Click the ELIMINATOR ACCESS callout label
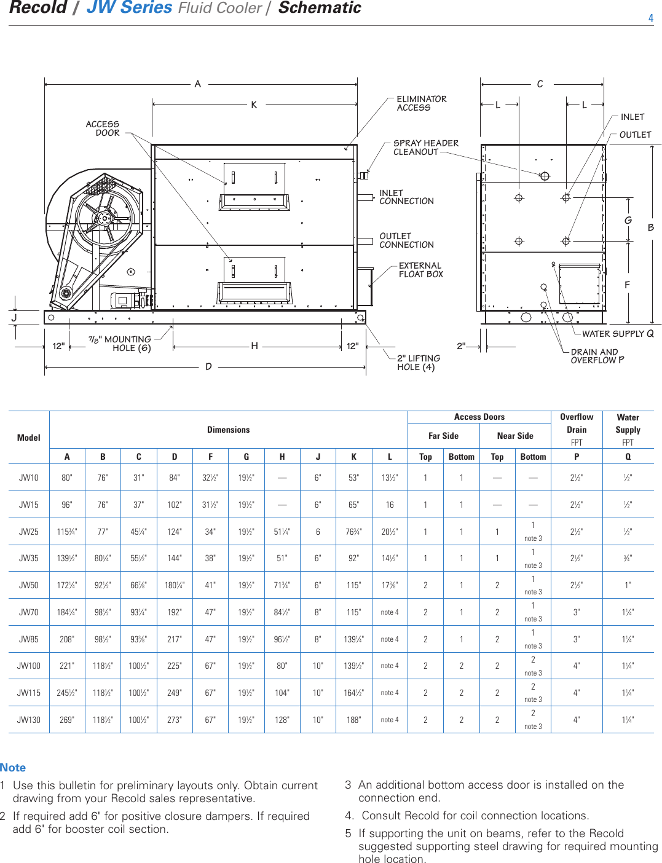pyautogui.click(x=421, y=103)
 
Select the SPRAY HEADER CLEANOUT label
pyautogui.click(x=425, y=148)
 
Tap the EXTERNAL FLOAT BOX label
pyautogui.click(x=420, y=270)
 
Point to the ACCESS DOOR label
pyautogui.click(x=103, y=128)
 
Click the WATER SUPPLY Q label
pyautogui.click(x=617, y=334)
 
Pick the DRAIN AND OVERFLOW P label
pyautogui.click(x=596, y=357)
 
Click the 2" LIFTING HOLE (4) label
pyautogui.click(x=418, y=363)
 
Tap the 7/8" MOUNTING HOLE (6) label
pyautogui.click(x=120, y=344)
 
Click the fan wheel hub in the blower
pyautogui.click(x=104, y=218)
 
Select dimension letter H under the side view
pyautogui.click(x=254, y=346)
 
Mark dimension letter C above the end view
pyautogui.click(x=540, y=84)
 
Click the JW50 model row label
pyautogui.click(x=29, y=585)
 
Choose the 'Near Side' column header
pyautogui.click(x=515, y=436)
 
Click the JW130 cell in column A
pyautogui.click(x=67, y=720)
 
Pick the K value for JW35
pyautogui.click(x=353, y=558)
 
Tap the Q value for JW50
pyautogui.click(x=628, y=585)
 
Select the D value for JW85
pyautogui.click(x=175, y=639)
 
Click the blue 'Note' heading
pyautogui.click(x=13, y=768)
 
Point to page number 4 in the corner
pyautogui.click(x=651, y=18)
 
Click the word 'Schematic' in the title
pyautogui.click(x=320, y=8)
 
